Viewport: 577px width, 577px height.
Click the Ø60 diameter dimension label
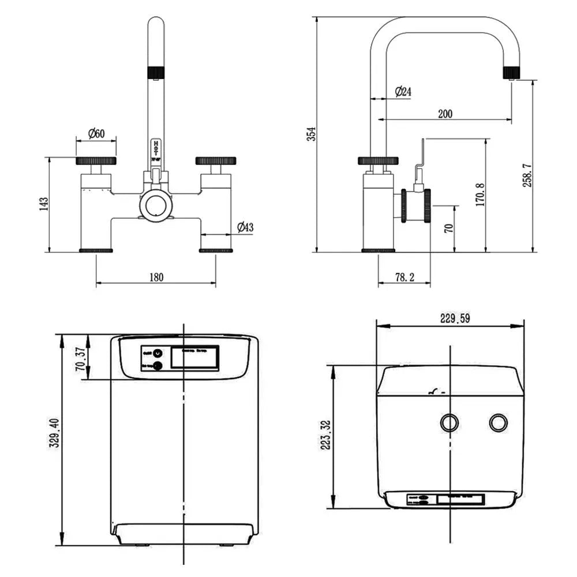tap(96, 133)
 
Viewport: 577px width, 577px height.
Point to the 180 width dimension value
tap(156, 277)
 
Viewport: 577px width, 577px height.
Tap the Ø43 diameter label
tap(245, 227)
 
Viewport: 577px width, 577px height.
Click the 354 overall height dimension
tap(312, 134)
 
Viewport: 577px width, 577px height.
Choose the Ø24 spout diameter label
tap(403, 91)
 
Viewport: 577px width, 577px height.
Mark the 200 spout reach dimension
tap(445, 114)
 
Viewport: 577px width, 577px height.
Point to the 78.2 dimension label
tap(404, 278)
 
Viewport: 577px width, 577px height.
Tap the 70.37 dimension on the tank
tap(82, 359)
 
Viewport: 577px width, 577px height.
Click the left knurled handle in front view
tap(96, 160)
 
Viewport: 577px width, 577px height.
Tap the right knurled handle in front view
tap(215, 160)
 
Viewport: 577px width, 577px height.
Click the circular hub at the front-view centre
tap(156, 204)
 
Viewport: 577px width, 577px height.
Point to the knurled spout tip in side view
tap(512, 72)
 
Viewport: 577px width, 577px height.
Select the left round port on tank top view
tap(449, 422)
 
